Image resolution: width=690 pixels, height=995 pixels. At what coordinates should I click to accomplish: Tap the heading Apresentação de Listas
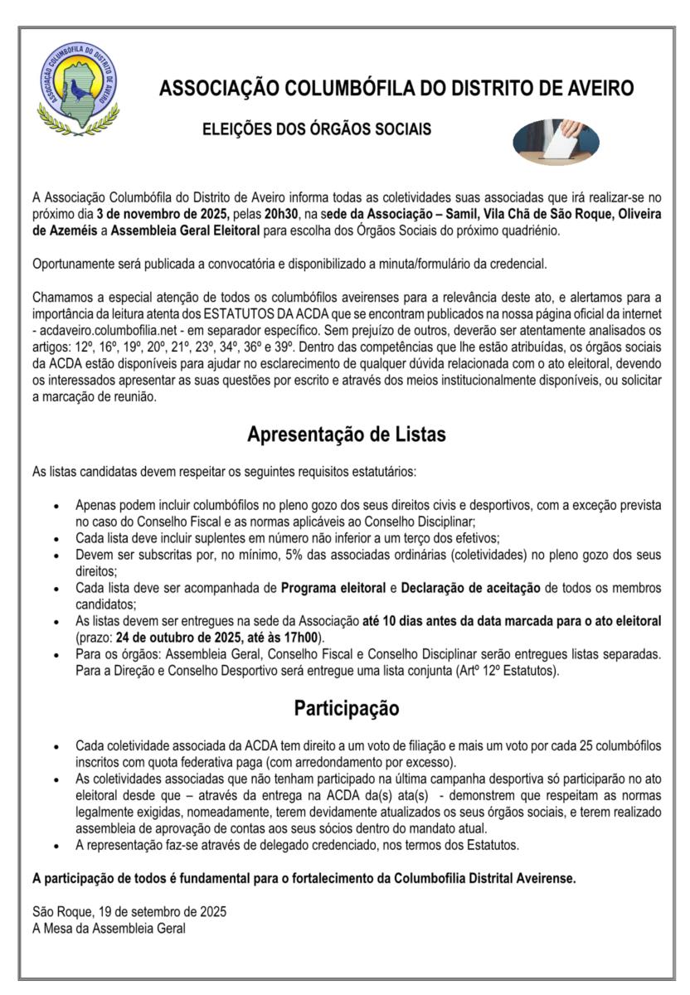tap(346, 433)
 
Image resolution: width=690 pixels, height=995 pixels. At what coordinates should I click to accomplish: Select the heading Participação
tap(346, 709)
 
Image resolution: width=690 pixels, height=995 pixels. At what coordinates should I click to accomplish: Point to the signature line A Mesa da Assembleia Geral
tap(109, 926)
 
